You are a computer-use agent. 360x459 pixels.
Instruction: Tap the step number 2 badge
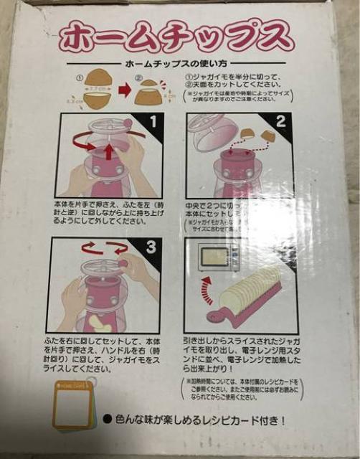point(282,121)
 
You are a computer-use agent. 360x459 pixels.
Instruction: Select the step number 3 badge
point(151,247)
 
